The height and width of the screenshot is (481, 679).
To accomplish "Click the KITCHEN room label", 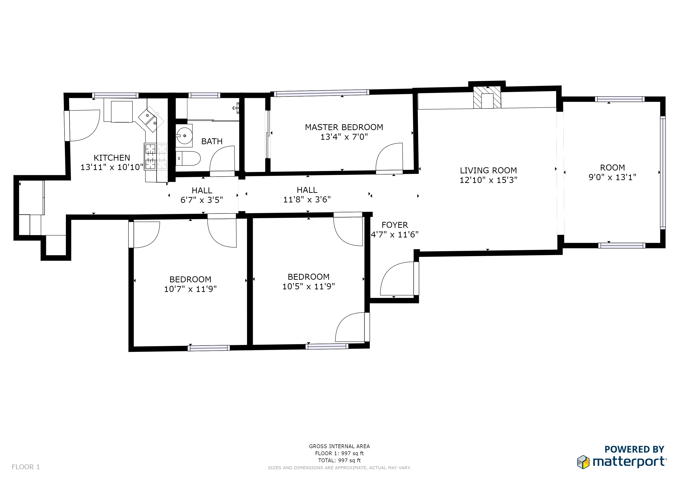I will (x=112, y=158).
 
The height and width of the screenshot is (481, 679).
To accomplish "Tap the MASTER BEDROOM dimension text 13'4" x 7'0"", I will (x=344, y=137).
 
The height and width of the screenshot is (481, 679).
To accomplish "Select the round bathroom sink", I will (x=185, y=136).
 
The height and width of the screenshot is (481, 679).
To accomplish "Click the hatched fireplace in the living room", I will (x=487, y=97).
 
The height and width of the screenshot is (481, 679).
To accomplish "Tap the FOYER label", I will (x=395, y=225).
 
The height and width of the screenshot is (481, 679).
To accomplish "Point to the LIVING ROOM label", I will (x=488, y=171).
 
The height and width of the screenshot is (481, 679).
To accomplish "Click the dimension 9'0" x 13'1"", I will (x=612, y=177).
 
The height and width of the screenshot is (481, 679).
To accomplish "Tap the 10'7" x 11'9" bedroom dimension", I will (x=190, y=289).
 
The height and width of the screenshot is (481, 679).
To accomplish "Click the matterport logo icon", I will (x=583, y=462).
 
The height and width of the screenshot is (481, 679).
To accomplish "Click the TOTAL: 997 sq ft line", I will (x=339, y=460).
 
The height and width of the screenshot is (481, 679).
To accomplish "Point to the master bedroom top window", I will (x=321, y=93).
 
